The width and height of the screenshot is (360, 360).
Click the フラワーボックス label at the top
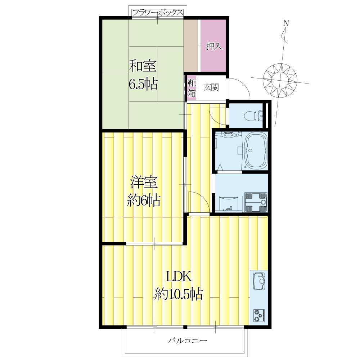point(158,12)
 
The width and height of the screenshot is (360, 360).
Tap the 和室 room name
point(143,66)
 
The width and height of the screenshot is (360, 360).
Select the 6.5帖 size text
point(143,84)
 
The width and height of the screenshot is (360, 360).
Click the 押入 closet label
point(214,46)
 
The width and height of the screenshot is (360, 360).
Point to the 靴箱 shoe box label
point(192,88)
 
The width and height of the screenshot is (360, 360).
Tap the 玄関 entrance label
point(211,87)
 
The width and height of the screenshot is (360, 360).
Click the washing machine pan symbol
point(256,202)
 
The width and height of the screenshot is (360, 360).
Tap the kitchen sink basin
point(259,281)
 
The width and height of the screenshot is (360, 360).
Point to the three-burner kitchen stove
point(259,316)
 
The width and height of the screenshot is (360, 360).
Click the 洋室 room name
point(144,183)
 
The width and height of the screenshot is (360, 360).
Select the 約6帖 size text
point(144,201)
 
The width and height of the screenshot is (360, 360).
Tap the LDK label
point(179,276)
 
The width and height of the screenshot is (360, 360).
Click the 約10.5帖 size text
point(179,294)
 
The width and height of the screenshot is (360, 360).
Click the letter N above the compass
point(286,23)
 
